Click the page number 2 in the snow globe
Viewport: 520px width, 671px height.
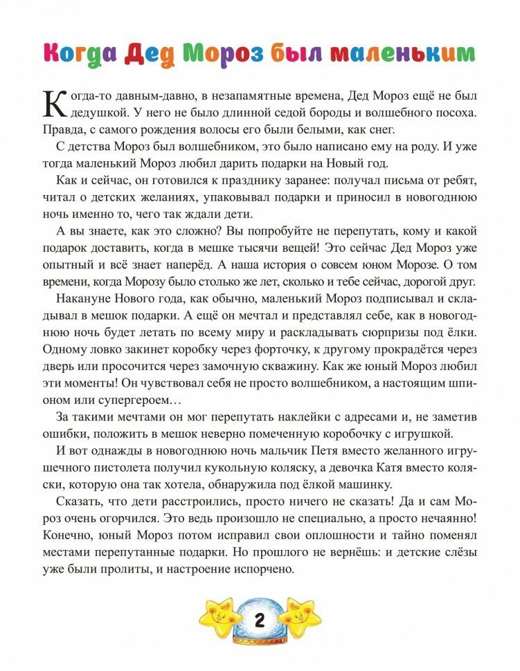pos(260,621)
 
